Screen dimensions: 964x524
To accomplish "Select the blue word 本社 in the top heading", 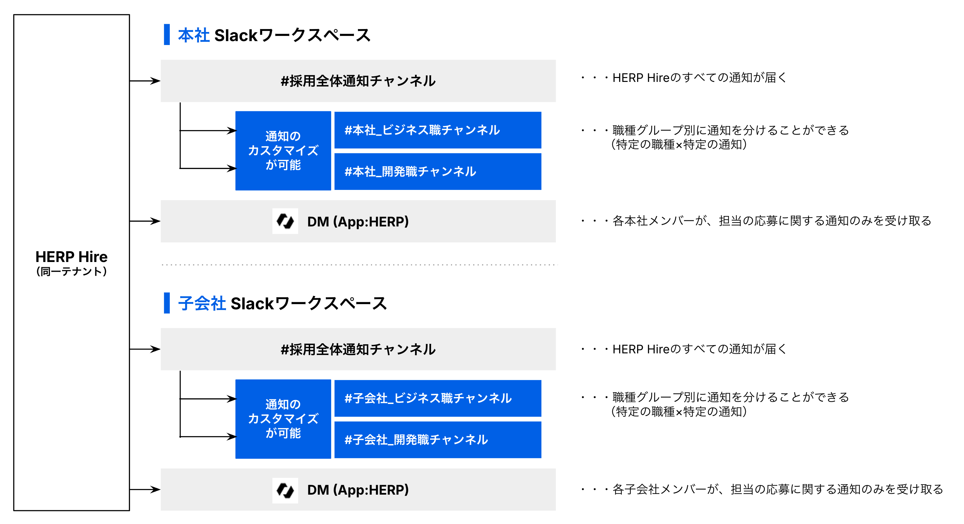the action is (193, 35).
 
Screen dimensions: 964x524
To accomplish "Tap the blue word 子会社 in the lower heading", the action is (202, 303).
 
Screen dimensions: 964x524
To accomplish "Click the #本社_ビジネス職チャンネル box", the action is (438, 130).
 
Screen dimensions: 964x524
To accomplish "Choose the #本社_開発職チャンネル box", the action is (438, 171).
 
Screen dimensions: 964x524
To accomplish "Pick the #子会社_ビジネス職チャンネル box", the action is (438, 398).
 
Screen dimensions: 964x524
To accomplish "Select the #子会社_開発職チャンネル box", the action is (438, 439).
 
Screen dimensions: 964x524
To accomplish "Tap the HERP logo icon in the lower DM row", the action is (285, 490).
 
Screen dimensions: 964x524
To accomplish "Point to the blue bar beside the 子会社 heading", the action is (167, 303).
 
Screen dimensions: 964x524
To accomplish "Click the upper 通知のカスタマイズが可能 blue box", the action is (283, 151).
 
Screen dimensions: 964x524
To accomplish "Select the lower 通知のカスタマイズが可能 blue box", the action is (283, 419).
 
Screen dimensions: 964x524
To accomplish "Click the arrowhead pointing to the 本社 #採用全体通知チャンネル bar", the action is (155, 81).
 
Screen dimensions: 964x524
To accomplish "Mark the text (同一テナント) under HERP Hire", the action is (72, 271).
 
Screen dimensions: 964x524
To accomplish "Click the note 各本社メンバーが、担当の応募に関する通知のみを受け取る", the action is (772, 221).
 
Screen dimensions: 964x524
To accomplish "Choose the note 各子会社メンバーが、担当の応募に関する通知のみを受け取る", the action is (778, 489).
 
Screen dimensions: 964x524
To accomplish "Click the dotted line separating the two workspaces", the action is (359, 265).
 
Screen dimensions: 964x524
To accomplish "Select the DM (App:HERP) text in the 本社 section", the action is (358, 222).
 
